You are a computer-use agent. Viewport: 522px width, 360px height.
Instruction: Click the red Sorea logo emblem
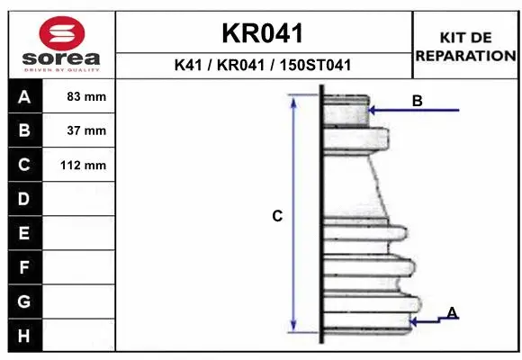coord(60,33)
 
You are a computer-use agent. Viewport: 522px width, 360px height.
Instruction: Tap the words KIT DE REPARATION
coord(465,46)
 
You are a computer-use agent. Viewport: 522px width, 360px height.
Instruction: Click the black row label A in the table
coord(24,96)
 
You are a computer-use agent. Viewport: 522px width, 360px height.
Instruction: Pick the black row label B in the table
coord(24,130)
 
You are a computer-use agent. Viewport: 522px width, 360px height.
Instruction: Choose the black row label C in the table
coord(24,165)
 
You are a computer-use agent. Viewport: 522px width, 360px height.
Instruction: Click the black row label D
coord(24,198)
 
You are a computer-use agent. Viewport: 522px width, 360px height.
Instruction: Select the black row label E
coord(24,233)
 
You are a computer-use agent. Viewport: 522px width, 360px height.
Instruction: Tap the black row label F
coord(24,267)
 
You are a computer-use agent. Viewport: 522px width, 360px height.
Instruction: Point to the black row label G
coord(24,301)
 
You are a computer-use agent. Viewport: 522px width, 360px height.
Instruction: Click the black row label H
coord(24,335)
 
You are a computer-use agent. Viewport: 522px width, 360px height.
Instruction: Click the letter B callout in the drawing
coord(417,102)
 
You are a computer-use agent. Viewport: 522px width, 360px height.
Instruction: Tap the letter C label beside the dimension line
coord(278,216)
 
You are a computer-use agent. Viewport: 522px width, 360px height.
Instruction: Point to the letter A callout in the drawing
coord(452,312)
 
